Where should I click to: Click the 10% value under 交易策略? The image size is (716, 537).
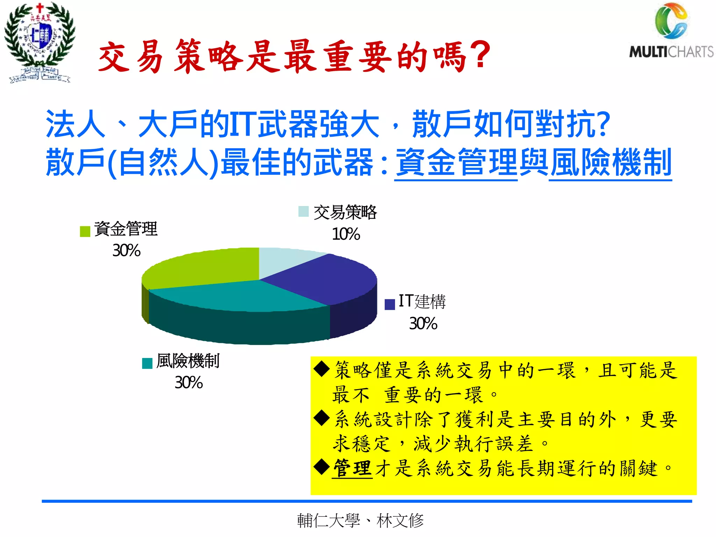[x=346, y=234]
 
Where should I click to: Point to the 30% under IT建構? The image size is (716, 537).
[x=423, y=324]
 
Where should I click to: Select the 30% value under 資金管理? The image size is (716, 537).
[x=126, y=251]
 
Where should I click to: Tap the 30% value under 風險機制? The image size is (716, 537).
[x=188, y=383]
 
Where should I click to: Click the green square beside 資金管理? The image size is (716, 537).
[x=85, y=231]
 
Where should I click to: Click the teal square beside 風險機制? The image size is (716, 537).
[x=147, y=363]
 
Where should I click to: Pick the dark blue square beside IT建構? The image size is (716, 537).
[x=389, y=304]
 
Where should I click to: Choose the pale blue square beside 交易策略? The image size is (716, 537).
[x=303, y=212]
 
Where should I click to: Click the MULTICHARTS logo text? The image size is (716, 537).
[x=671, y=52]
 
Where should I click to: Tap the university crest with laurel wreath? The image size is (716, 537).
[x=40, y=42]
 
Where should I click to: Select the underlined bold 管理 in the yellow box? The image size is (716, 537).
[x=352, y=468]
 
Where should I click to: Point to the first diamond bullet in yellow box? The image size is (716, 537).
[x=322, y=370]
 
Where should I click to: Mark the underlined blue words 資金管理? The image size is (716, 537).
[x=456, y=163]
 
